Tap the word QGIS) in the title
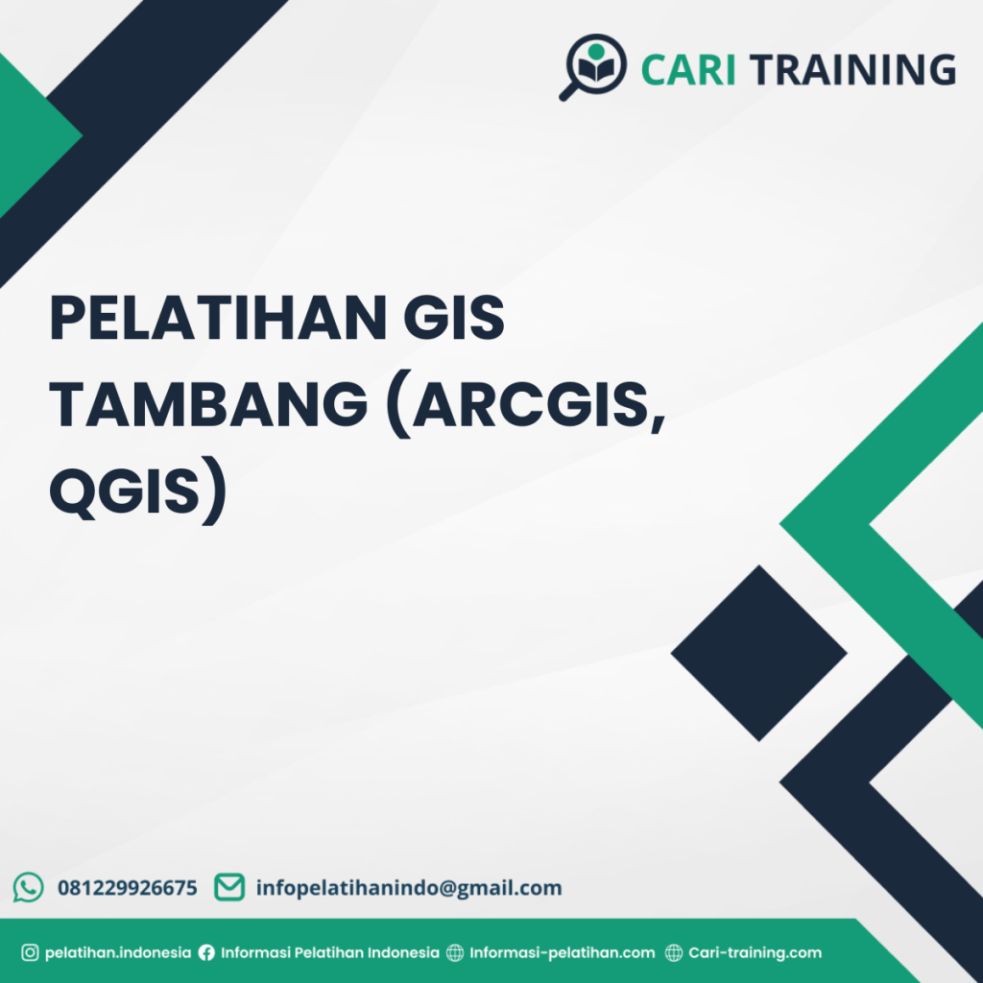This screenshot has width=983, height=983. point(138,491)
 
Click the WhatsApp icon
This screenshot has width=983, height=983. point(29,887)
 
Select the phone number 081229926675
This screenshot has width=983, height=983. point(128,888)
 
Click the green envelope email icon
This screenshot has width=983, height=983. point(228,887)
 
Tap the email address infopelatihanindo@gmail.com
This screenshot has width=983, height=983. point(409,888)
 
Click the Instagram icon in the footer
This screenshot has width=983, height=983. point(30,953)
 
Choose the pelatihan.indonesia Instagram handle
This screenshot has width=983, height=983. point(118,953)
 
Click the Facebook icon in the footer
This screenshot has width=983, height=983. point(206,953)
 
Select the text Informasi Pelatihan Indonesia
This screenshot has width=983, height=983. point(329,953)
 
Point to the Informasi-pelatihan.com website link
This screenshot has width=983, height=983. point(562,953)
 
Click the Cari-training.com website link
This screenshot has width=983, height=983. point(755,953)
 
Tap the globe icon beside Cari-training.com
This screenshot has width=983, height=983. point(674,953)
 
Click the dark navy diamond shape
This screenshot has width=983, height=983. point(758,653)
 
